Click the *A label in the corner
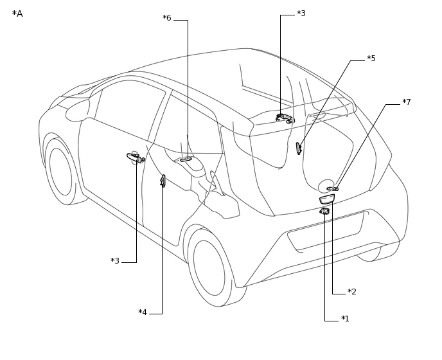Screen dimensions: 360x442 (17, 14)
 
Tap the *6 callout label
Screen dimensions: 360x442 (167, 18)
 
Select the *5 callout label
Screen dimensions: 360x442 (371, 59)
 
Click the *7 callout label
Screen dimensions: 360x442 (407, 102)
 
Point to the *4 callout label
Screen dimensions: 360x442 (143, 312)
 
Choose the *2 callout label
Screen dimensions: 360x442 (352, 292)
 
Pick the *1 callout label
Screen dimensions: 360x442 (345, 319)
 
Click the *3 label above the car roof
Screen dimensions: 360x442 (301, 14)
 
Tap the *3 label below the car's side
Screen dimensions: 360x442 (115, 261)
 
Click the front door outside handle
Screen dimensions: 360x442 (135, 157)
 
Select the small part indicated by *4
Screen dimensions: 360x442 (163, 181)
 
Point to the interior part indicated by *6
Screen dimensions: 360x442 (186, 159)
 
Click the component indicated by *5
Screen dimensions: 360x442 (298, 148)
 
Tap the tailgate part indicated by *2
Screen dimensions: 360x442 (326, 199)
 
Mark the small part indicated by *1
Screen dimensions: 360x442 (324, 211)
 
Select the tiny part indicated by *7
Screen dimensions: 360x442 (332, 189)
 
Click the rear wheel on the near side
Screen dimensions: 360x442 (209, 267)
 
